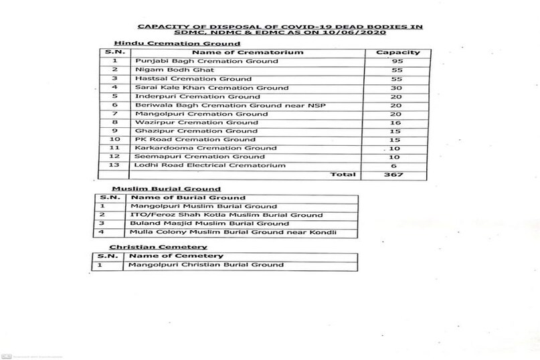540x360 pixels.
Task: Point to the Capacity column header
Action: (x=397, y=52)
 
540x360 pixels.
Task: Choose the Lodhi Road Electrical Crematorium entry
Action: (x=201, y=165)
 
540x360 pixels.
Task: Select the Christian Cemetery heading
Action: (x=150, y=247)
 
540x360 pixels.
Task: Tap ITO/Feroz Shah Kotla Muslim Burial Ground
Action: (x=227, y=215)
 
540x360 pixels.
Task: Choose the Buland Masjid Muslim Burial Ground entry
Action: (x=209, y=223)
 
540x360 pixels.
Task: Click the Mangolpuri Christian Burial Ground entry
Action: (x=207, y=264)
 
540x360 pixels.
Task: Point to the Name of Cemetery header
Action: (x=175, y=256)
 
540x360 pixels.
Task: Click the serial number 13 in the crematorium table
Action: (x=115, y=165)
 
